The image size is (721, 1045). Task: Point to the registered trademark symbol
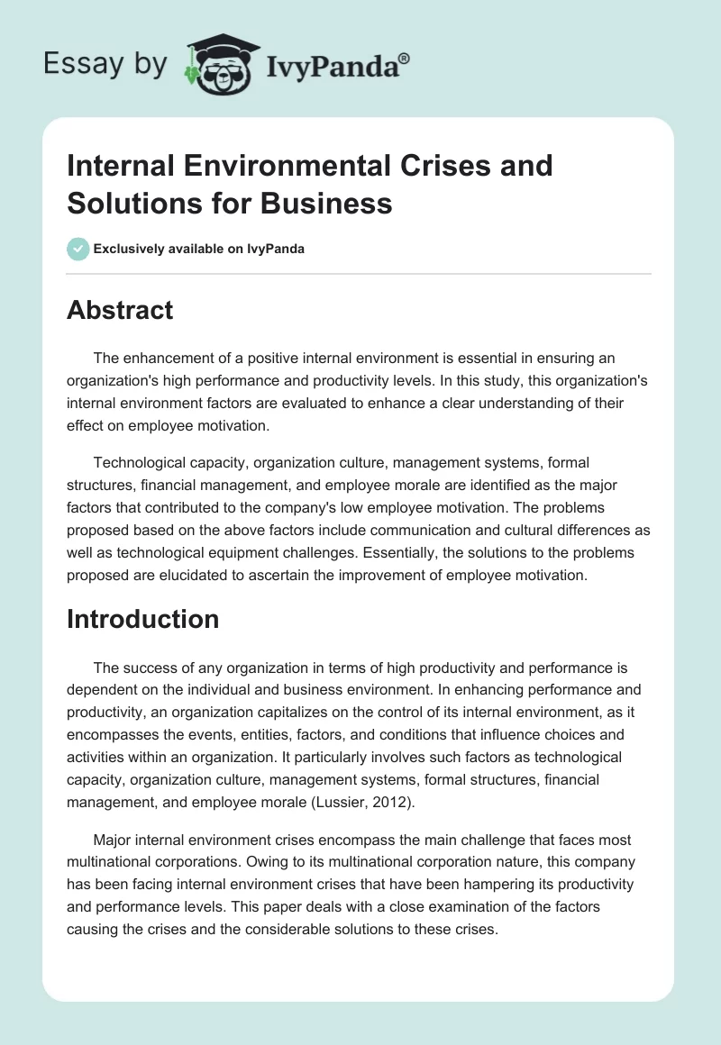point(405,57)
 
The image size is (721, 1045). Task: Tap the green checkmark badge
point(78,249)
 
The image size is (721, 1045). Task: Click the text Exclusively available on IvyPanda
point(199,249)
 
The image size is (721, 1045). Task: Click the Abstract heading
point(120,311)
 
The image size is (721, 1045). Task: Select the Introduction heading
point(143,619)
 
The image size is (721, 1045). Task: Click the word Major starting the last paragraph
point(114,841)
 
